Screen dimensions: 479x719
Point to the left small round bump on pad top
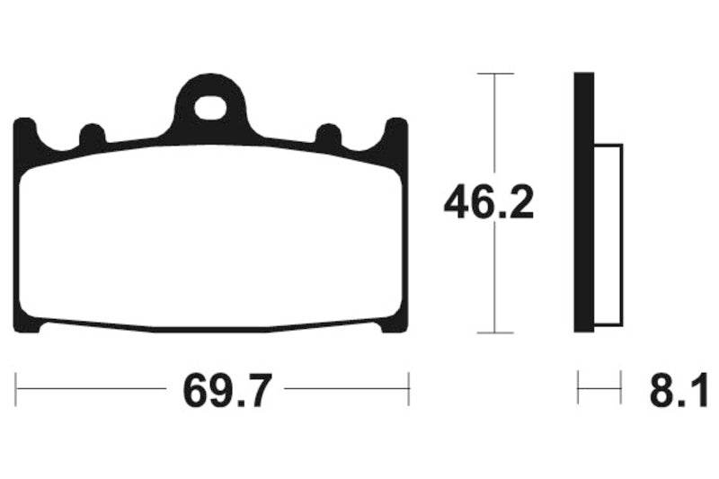(x=93, y=136)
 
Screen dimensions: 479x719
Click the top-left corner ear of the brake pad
(x=26, y=135)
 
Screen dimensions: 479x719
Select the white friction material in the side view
(x=608, y=234)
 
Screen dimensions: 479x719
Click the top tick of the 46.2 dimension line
(x=494, y=73)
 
